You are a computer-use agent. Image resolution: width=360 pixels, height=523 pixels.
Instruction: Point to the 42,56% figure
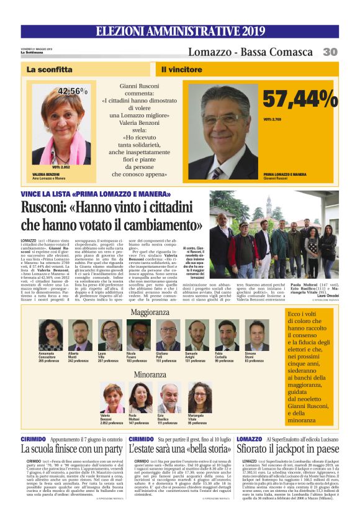pos(73,91)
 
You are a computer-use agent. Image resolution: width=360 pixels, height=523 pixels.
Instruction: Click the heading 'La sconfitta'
pos(50,70)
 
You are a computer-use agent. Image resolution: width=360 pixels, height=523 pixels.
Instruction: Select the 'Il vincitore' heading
pos(182,70)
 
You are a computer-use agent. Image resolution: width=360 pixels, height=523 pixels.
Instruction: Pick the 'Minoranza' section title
pos(150,375)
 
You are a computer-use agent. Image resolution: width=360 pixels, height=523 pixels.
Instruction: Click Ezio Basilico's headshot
pos(169,397)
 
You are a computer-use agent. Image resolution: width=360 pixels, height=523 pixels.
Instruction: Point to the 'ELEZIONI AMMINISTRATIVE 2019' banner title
pos(180,31)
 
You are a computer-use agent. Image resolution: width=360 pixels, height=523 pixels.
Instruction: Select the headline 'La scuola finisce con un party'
pos(72,448)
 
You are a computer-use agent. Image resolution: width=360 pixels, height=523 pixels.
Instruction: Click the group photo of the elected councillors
pos(283,227)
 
